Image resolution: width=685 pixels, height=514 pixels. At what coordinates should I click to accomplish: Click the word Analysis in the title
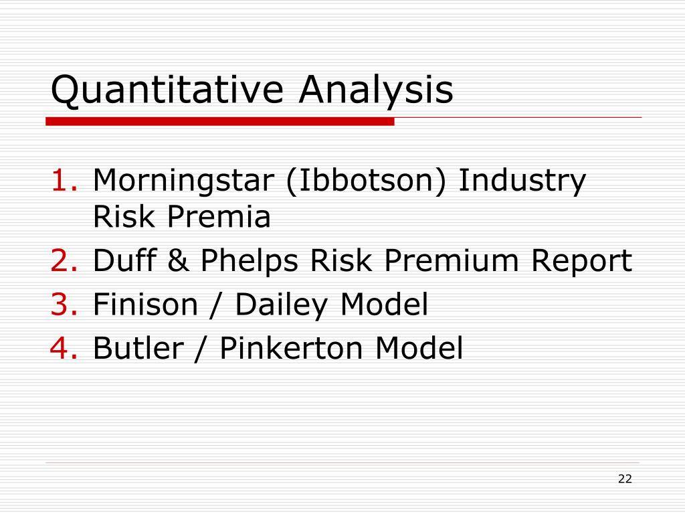tap(376, 90)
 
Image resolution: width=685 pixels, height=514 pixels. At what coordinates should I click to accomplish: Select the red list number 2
tap(65, 261)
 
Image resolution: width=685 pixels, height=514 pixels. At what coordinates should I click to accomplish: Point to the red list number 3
tap(65, 305)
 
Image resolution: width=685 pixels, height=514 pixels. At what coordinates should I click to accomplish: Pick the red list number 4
tap(65, 348)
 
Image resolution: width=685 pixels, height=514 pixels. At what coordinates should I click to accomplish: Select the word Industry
tap(522, 181)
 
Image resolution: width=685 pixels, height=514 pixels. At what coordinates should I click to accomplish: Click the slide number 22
tap(625, 479)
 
